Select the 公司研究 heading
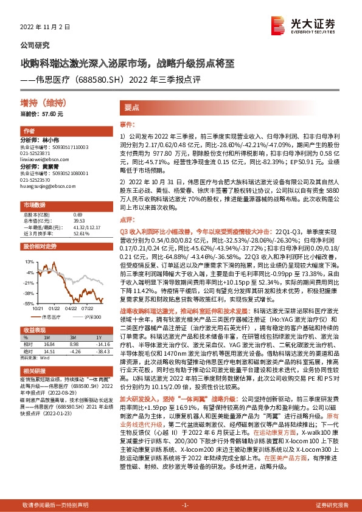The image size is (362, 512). pyautogui.click(x=35, y=45)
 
